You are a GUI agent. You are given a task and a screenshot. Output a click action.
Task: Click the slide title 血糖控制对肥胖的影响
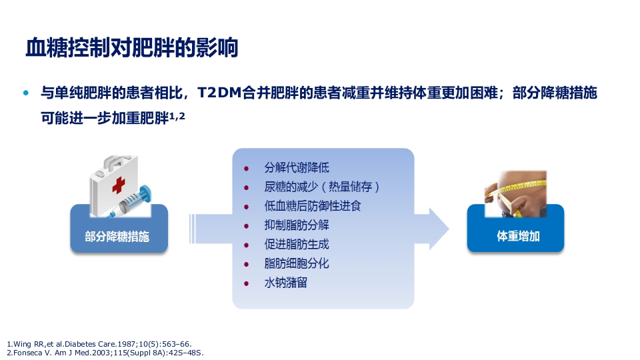(x=131, y=48)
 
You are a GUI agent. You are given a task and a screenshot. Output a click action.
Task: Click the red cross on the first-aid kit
(x=118, y=185)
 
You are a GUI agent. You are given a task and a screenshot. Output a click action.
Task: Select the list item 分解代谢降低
(x=297, y=167)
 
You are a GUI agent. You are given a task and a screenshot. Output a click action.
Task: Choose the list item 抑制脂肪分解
(x=297, y=225)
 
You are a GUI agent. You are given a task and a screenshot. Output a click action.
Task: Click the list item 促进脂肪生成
(x=297, y=244)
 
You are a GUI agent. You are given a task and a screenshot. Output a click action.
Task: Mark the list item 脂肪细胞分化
(x=297, y=263)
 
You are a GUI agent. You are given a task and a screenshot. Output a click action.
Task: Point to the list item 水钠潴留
(x=286, y=283)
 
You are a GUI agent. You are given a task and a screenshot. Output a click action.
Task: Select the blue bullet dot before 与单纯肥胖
(x=27, y=93)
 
